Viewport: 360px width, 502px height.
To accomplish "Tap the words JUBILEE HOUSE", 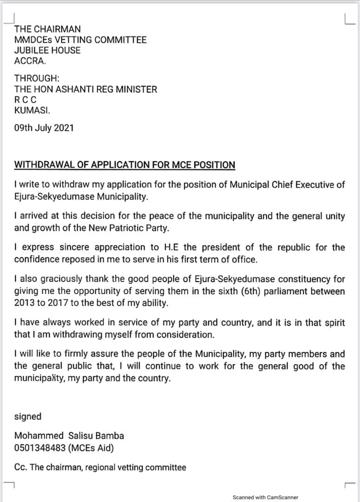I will tap(47, 50).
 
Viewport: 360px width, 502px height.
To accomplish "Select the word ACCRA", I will tap(30, 61).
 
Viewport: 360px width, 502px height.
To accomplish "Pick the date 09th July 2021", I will tap(44, 128).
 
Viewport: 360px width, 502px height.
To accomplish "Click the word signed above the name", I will tap(27, 416).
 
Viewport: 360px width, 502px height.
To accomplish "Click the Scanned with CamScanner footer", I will tap(265, 497).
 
